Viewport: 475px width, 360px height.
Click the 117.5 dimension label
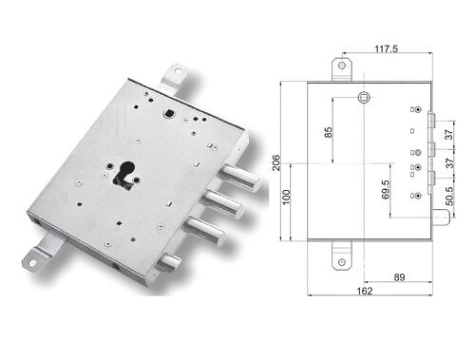[386, 49]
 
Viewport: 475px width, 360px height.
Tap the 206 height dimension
[276, 162]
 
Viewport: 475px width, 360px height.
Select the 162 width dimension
[365, 291]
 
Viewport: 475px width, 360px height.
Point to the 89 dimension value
[399, 277]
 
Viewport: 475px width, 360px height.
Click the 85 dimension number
[329, 132]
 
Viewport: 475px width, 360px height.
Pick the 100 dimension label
[286, 197]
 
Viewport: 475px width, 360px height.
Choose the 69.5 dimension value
[386, 189]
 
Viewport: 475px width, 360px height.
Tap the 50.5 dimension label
[449, 196]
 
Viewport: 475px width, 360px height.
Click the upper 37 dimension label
[449, 135]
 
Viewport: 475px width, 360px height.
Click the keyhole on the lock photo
[126, 174]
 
